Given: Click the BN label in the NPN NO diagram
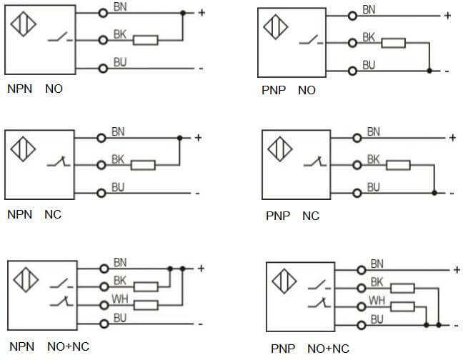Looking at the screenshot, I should pos(119,7).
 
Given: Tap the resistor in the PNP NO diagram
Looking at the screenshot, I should pos(394,44).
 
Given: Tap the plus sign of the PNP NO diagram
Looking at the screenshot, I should pos(447,15).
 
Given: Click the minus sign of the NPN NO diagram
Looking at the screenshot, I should pos(201,69).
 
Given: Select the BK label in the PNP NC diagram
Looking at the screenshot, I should pos(374,159).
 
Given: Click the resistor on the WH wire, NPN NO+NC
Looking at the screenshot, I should pos(146,305).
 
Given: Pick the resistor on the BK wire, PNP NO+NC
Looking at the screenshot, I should pos(402,289).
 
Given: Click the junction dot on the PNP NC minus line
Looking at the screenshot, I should pos(434,193).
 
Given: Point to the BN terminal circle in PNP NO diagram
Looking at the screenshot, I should pos(352,16).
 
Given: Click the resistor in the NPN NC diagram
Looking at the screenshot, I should pos(143,165).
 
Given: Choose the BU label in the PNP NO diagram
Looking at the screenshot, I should pos(369,64).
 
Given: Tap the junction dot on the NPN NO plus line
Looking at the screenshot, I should pos(183,13).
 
